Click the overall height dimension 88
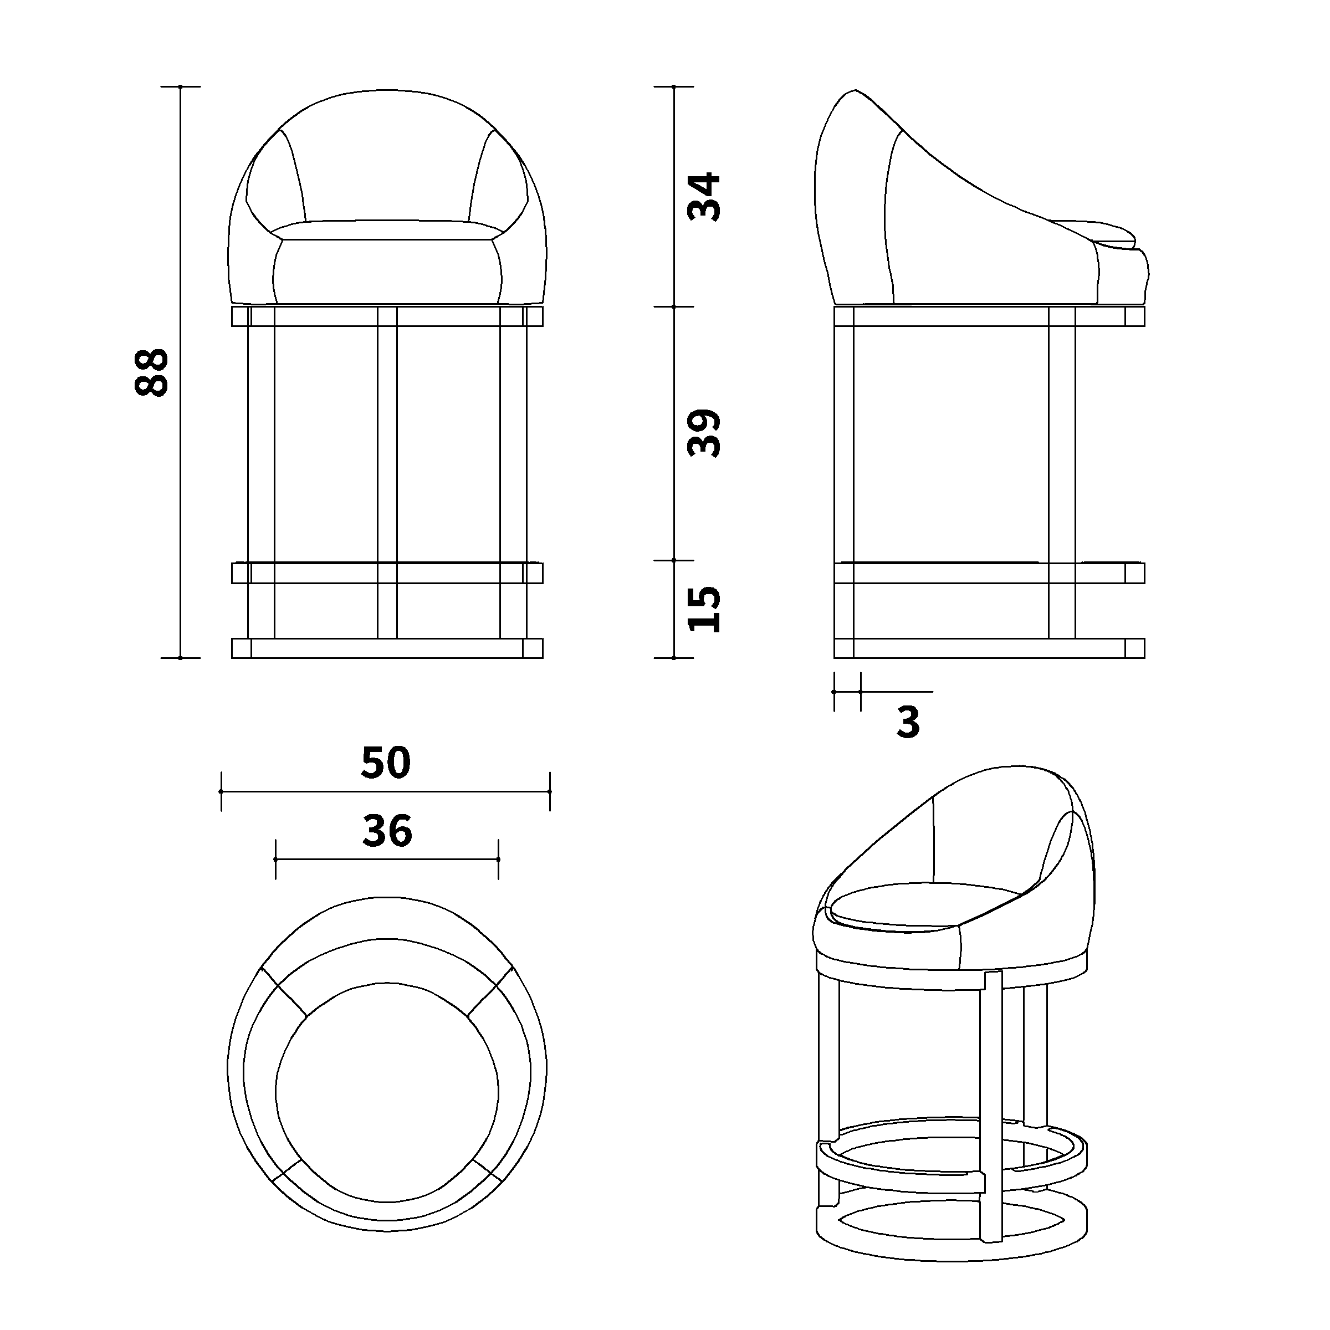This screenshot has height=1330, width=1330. coord(151,372)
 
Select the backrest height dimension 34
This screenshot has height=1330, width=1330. coord(704,197)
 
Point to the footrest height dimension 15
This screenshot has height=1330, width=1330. coord(704,608)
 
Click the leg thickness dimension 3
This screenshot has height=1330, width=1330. coord(909,722)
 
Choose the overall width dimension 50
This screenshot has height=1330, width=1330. coord(386,763)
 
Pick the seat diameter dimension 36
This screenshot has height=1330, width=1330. coord(387,830)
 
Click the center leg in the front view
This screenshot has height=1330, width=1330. coord(387,472)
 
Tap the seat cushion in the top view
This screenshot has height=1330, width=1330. coord(387,1092)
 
